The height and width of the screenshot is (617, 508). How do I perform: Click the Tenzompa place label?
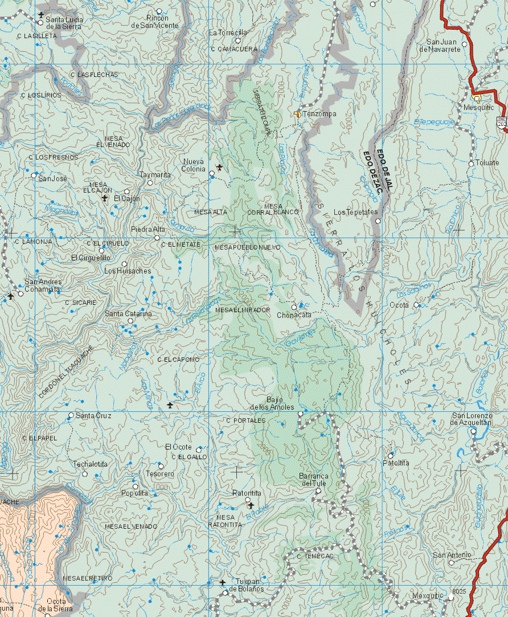(319, 114)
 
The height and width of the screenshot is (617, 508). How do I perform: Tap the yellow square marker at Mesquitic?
(477, 98)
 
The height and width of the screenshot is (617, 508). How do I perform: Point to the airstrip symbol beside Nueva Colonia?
(220, 167)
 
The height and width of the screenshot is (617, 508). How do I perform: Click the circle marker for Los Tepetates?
(378, 221)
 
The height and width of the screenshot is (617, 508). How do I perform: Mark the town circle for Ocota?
(416, 305)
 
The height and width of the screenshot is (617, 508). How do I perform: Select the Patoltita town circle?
(391, 455)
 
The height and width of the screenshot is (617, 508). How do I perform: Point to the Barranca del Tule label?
(314, 480)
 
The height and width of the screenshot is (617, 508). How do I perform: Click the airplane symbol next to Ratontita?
(251, 505)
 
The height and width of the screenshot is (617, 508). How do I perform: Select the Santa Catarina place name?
(128, 313)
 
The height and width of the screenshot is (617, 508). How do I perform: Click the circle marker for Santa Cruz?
(71, 415)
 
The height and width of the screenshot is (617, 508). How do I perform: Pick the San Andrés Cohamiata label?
(42, 285)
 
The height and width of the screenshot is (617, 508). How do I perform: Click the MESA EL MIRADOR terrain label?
(243, 309)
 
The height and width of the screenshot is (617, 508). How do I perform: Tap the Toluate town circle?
(471, 164)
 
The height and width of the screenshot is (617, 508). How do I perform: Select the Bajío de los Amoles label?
(272, 403)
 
